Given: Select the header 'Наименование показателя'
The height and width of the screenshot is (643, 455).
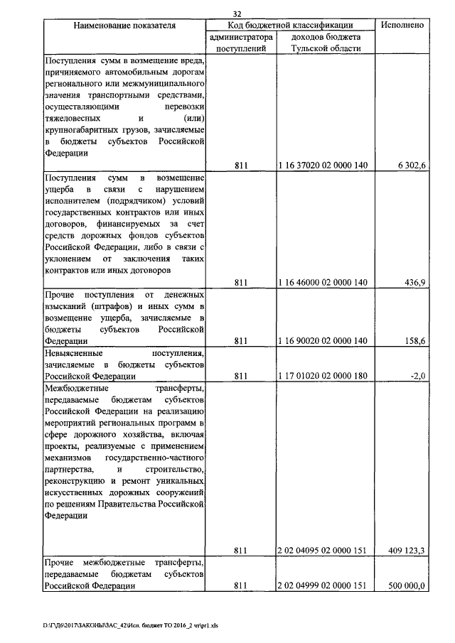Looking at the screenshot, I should (124, 25).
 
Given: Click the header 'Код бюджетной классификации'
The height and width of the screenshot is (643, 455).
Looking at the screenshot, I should (291, 25).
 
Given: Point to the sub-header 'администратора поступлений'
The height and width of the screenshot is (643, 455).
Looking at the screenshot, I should (240, 43).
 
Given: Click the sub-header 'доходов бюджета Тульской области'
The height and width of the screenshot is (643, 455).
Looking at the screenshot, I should (325, 43).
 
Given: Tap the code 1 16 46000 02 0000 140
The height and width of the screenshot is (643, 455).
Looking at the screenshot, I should (323, 283).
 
